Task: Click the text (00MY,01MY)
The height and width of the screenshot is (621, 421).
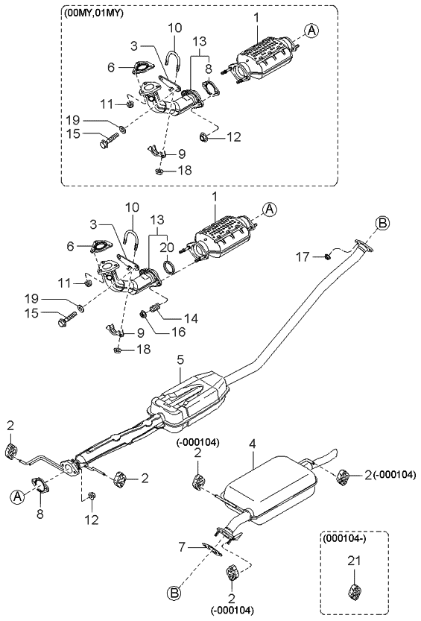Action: (x=93, y=13)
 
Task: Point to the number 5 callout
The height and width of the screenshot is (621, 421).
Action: (x=180, y=361)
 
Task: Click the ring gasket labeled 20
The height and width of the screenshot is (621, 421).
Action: (x=170, y=266)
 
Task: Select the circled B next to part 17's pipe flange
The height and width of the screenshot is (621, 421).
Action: (x=382, y=223)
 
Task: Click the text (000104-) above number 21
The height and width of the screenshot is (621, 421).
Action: (x=343, y=536)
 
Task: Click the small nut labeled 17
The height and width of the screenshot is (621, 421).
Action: (x=326, y=257)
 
